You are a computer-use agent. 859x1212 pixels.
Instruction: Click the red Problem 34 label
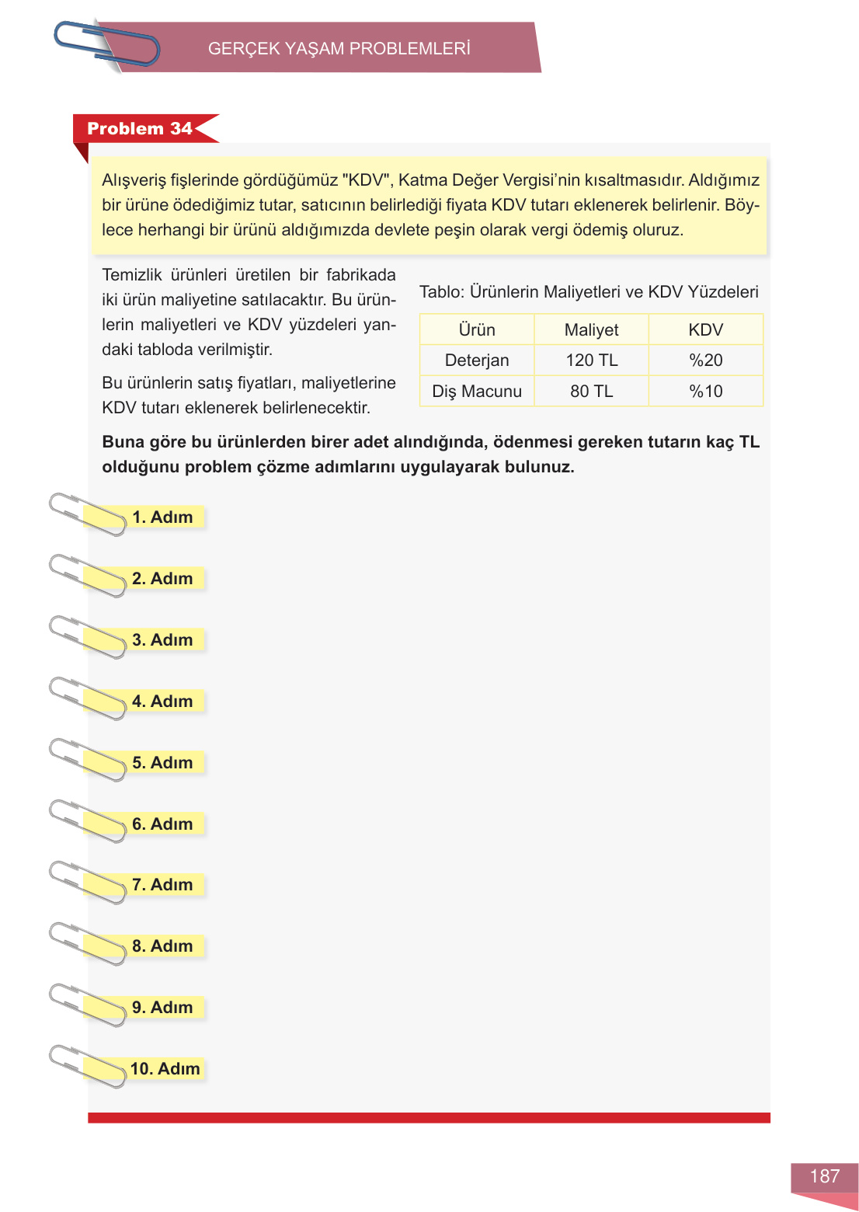pos(140,129)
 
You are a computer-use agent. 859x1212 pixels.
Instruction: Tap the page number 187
pos(824,1176)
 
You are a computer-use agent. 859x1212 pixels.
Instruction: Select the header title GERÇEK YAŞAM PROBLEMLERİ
pos(339,48)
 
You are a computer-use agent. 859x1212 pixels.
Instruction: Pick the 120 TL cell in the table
pos(591,360)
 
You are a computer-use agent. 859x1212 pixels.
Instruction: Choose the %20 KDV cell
pos(705,360)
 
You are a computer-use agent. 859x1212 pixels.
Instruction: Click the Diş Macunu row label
pos(477,392)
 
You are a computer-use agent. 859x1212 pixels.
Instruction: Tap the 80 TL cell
pos(591,392)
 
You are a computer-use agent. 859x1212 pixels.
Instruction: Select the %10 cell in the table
pos(705,392)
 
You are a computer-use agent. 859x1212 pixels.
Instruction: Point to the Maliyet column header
pos(591,330)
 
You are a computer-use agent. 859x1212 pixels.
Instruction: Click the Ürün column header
pos(477,330)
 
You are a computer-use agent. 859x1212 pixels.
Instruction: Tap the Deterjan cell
pos(477,360)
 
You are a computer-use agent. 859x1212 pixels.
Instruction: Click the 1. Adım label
pos(162,517)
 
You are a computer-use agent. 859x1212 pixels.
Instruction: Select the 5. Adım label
pos(162,763)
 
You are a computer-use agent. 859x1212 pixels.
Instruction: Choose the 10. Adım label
pos(165,1069)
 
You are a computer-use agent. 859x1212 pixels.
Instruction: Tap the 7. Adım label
pos(162,885)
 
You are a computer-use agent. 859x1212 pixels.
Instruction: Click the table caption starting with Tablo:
pos(589,292)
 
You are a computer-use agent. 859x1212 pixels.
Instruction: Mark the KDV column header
pos(705,330)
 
